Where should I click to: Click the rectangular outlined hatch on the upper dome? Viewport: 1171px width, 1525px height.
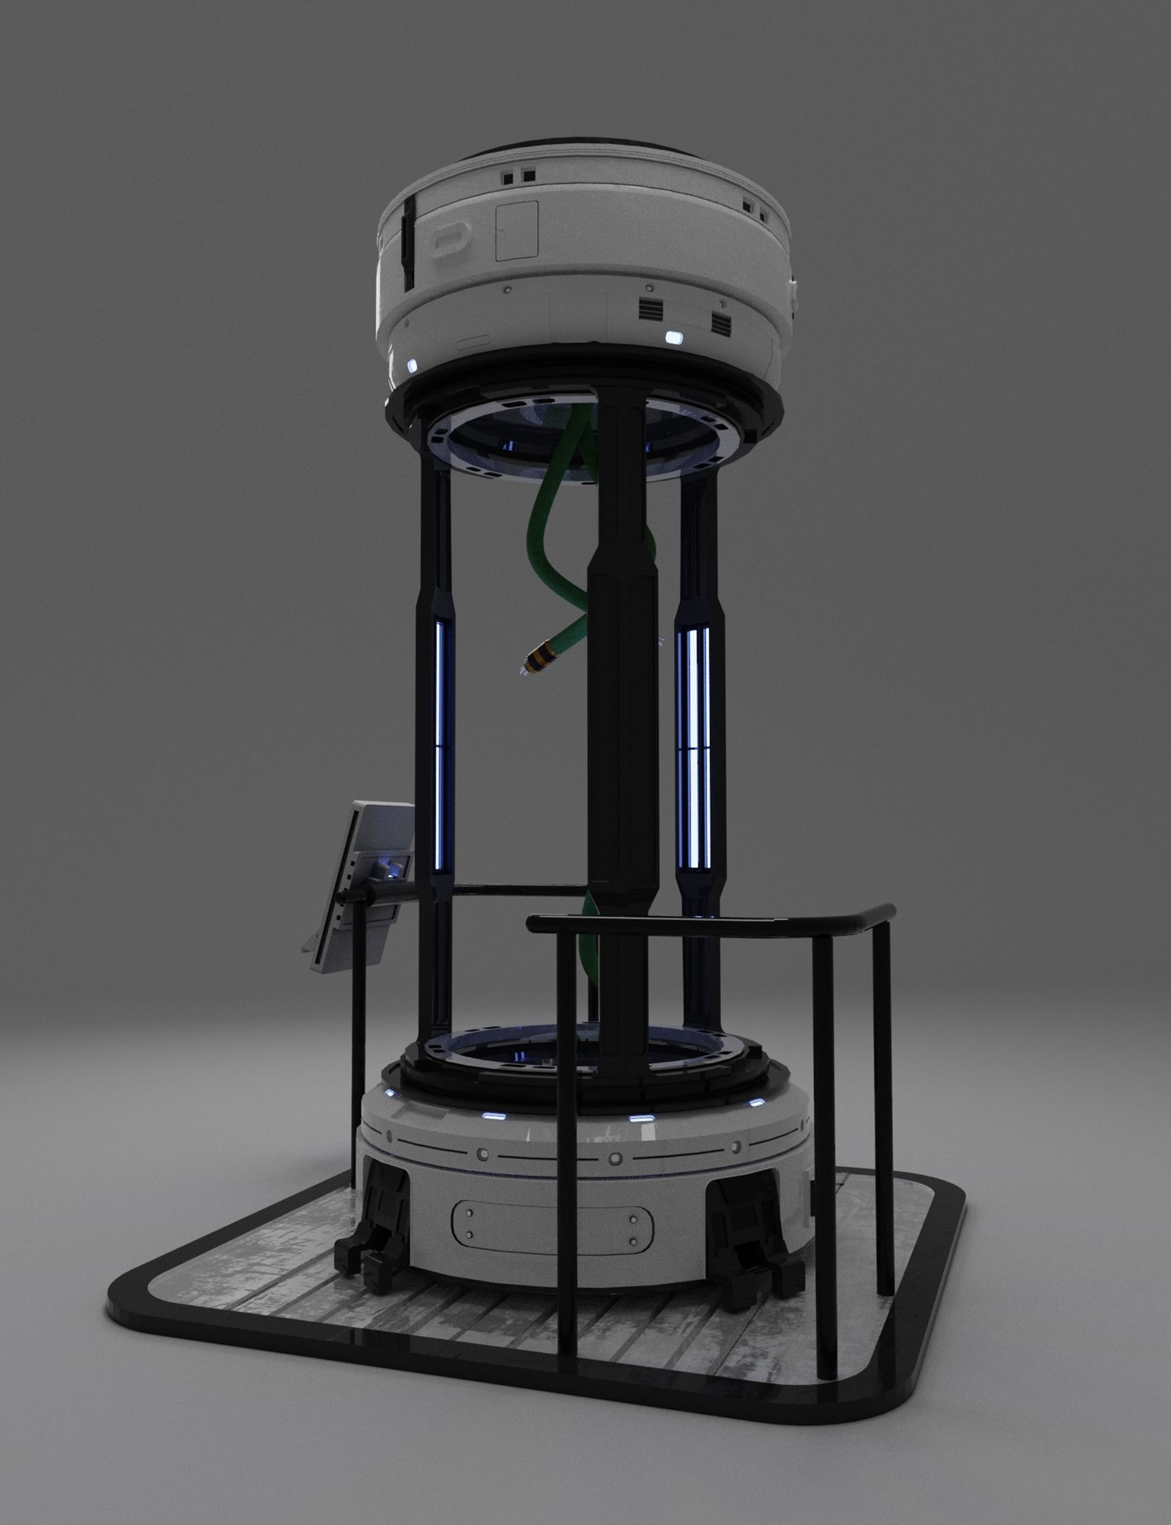coord(517,232)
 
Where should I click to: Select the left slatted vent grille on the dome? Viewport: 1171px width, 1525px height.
coord(653,307)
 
